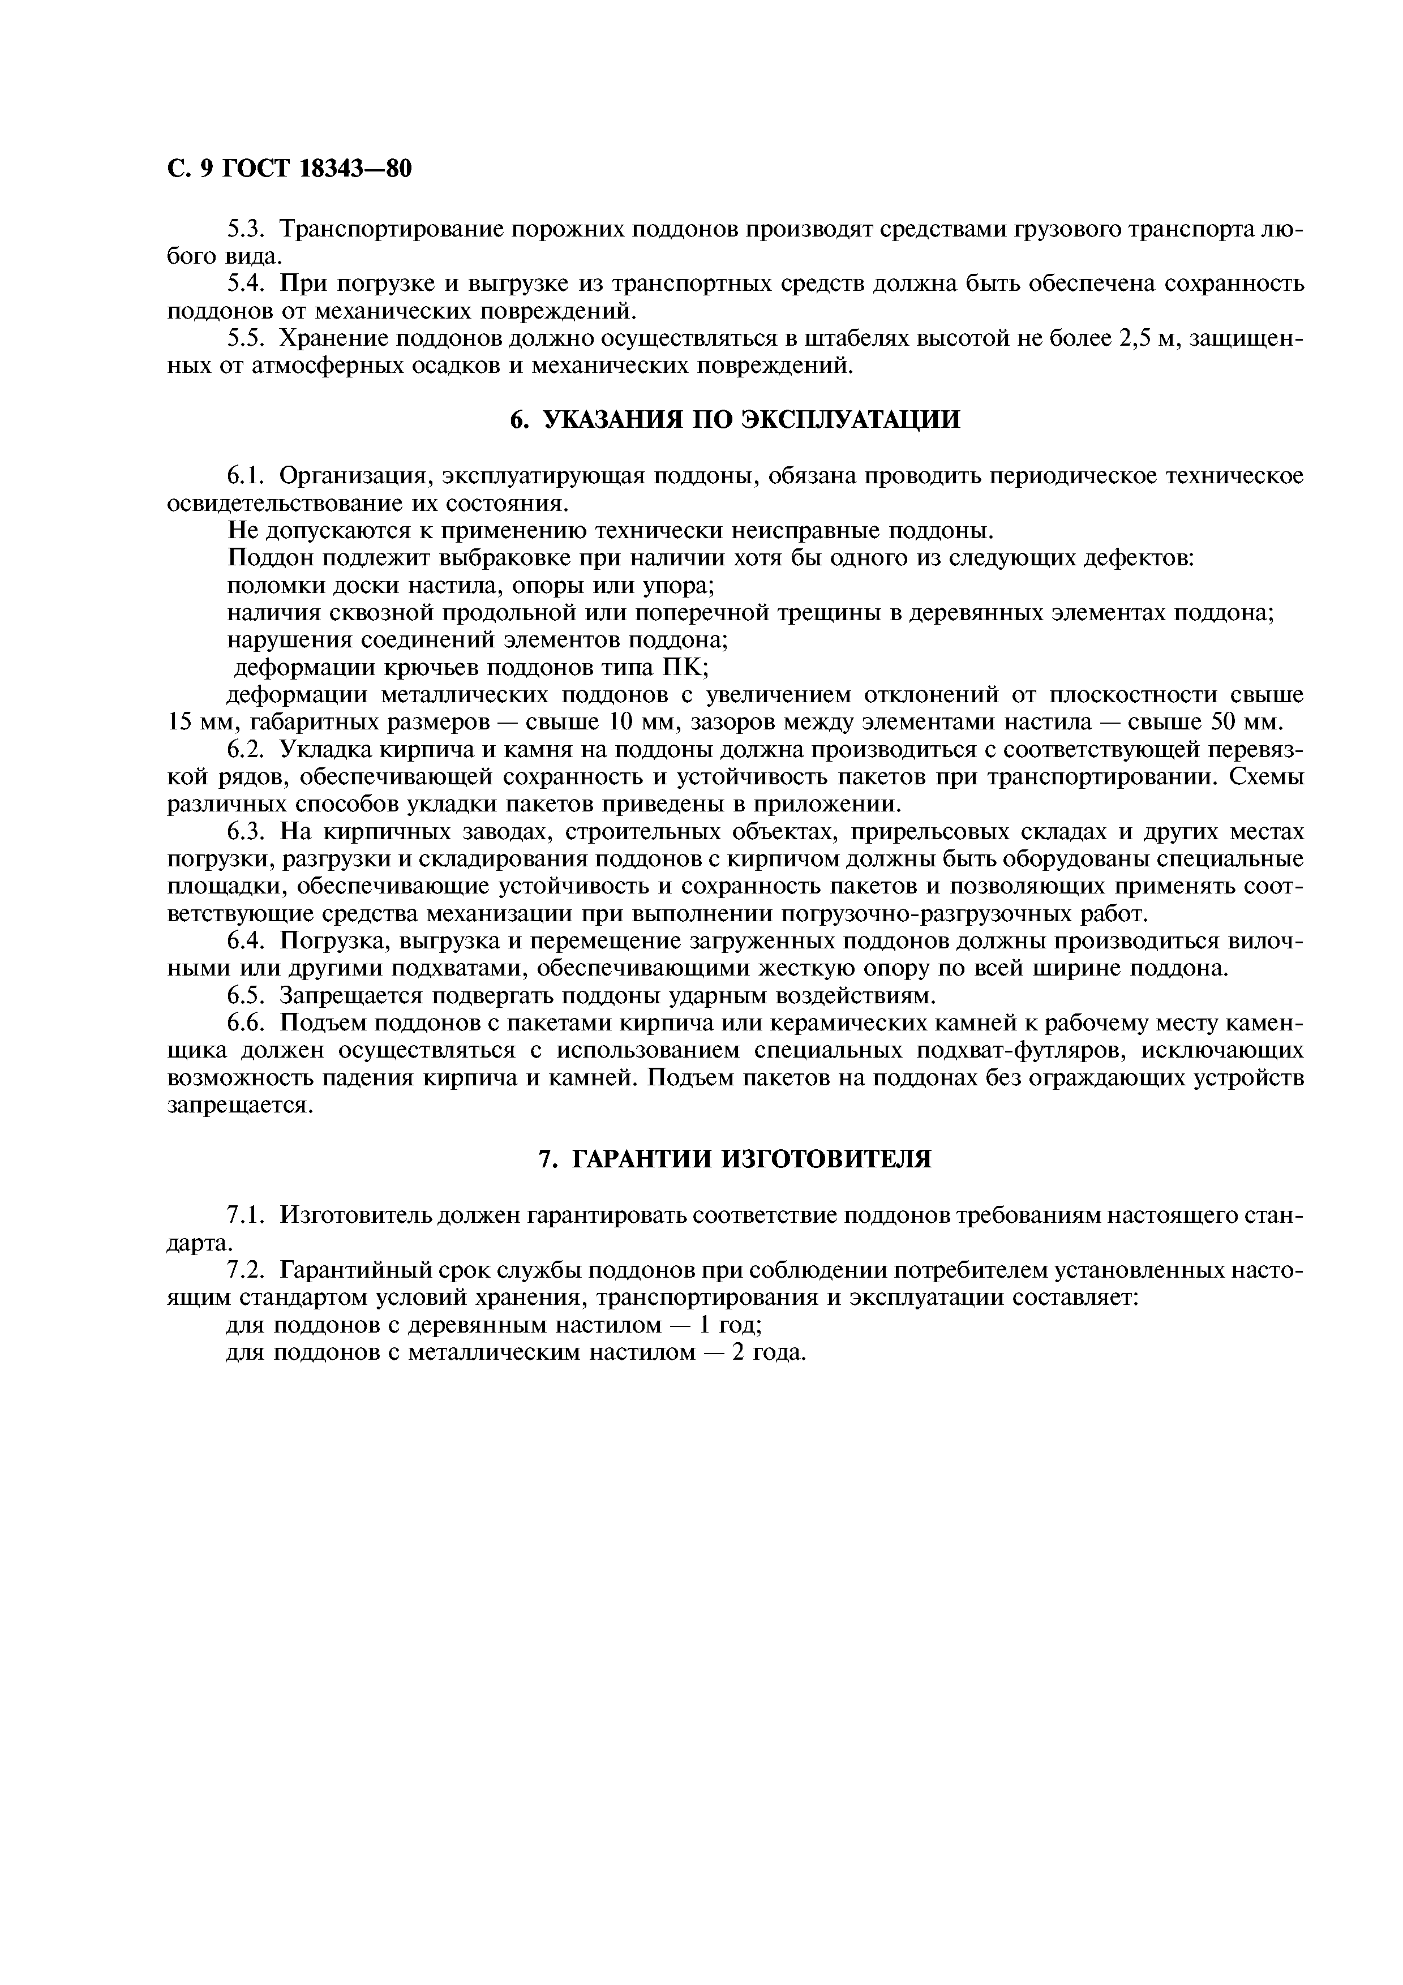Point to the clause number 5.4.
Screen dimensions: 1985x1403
click(x=244, y=285)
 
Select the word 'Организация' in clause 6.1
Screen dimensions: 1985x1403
click(x=354, y=476)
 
